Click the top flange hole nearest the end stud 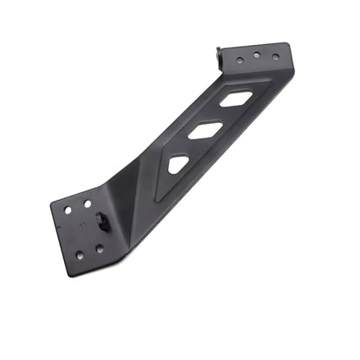tap(241, 60)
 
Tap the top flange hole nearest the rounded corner tap(275, 57)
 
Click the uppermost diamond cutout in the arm tap(236, 99)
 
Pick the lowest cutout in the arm tap(179, 164)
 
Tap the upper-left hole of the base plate tap(68, 209)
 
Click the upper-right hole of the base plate tap(87, 203)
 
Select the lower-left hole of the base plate tap(80, 254)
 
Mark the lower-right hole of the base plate tap(100, 248)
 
